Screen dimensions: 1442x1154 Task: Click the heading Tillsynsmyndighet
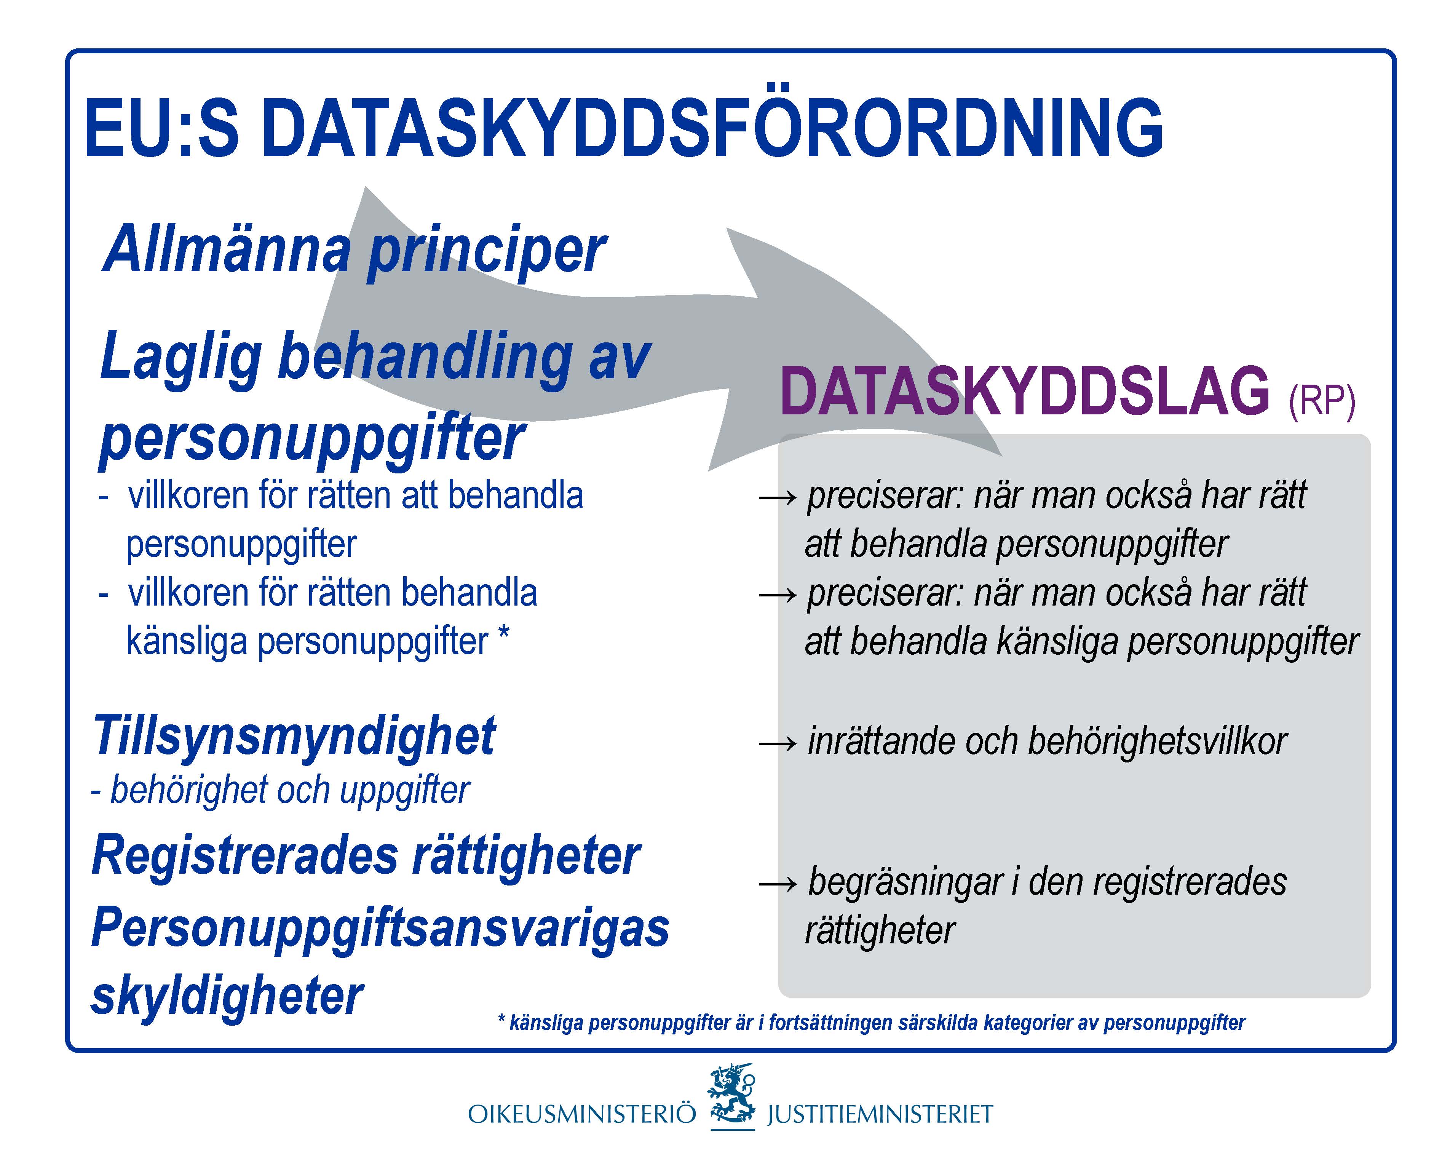(x=294, y=736)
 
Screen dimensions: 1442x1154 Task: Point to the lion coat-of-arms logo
(x=732, y=1097)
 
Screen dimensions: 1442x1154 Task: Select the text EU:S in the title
(x=161, y=127)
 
